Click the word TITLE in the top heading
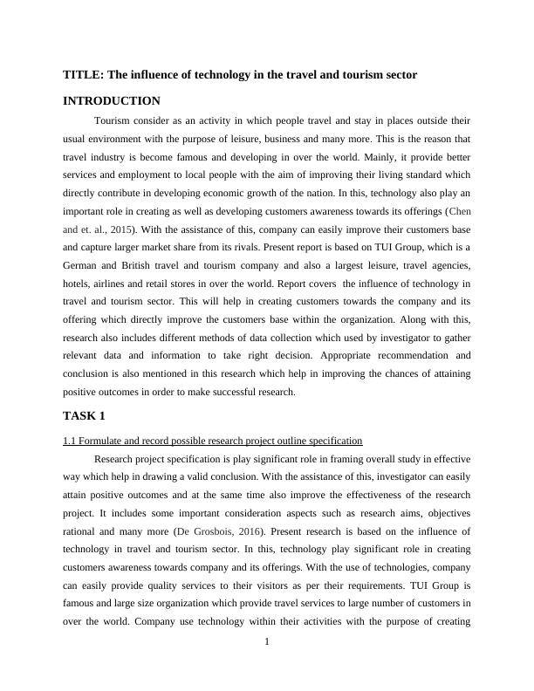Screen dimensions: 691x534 (x=81, y=75)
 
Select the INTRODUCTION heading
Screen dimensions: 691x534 (x=112, y=101)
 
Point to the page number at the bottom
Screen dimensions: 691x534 (x=267, y=642)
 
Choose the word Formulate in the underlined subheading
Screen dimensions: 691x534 (x=105, y=441)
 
